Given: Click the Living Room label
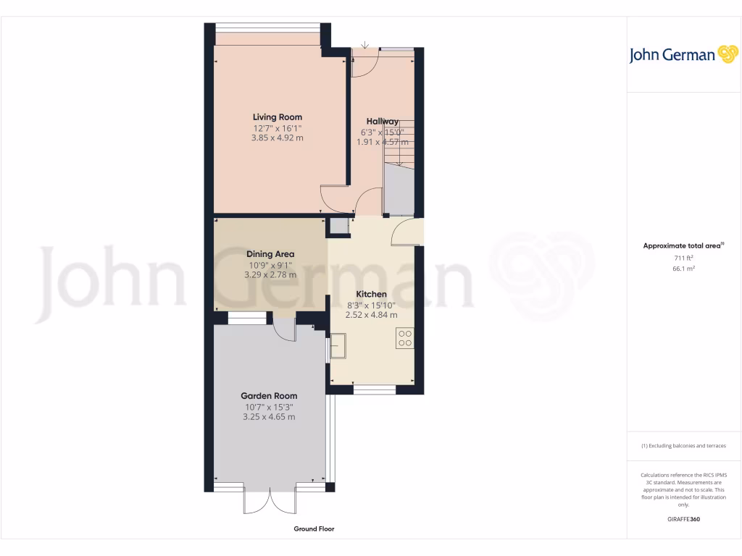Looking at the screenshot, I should pos(277,117).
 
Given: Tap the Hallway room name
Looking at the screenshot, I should pos(382,121).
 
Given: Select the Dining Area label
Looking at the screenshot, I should pos(270,254).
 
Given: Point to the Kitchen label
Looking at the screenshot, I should pos(371,294).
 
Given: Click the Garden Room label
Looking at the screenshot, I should pos(270,396).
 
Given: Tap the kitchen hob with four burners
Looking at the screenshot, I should pos(404,338).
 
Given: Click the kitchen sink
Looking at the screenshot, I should pos(338,346).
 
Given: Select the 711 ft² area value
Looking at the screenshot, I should pos(683,258).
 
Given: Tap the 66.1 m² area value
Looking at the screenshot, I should pos(683,269).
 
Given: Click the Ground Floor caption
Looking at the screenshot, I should pos(314,529).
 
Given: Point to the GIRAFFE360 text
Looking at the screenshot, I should pos(683,519).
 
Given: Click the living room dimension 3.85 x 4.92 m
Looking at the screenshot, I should pos(277,138).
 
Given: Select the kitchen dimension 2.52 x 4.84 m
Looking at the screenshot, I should pos(371,315).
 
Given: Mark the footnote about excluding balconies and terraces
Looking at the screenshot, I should pos(683,446).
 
